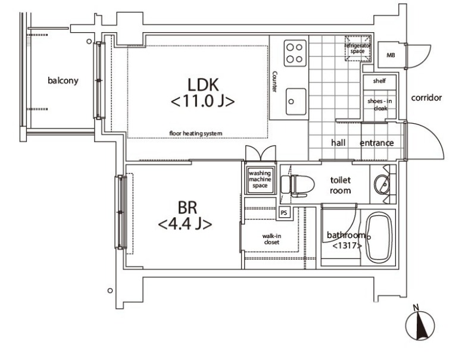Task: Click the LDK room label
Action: click(x=203, y=84)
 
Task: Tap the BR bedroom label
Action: click(x=188, y=208)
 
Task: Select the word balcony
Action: click(x=63, y=80)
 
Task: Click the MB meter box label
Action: click(x=391, y=55)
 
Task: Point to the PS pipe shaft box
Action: click(x=284, y=212)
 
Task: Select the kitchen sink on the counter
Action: click(x=296, y=101)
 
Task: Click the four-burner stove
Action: click(x=295, y=53)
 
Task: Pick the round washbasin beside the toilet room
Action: click(x=382, y=184)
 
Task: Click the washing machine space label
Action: click(x=260, y=179)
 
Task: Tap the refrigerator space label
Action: click(x=358, y=48)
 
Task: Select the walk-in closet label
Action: click(x=272, y=239)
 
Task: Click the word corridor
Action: click(x=426, y=98)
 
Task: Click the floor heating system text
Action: click(x=196, y=133)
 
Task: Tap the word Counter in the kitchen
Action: click(x=274, y=82)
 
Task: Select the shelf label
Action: click(x=379, y=81)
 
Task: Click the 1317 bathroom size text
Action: click(x=347, y=246)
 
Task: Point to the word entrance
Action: click(x=377, y=143)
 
